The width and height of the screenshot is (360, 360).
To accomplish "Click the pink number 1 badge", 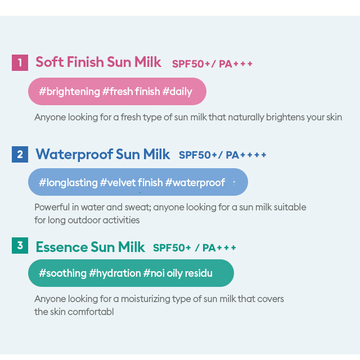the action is tap(20, 62).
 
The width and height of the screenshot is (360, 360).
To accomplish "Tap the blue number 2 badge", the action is tap(20, 154).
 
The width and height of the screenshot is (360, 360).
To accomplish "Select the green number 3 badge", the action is tap(20, 245).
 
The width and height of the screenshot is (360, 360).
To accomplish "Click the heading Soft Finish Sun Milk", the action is tap(98, 62).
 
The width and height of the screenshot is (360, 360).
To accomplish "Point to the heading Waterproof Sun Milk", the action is tap(102, 154).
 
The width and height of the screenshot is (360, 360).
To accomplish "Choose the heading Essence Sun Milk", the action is tap(90, 247).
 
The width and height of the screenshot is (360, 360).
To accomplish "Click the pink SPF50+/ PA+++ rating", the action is tap(212, 64).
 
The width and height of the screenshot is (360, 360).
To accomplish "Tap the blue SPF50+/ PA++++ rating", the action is tap(222, 155).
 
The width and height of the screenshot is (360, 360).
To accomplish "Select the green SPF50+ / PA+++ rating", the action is tap(194, 247).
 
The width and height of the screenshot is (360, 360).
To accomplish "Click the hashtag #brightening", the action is tap(69, 92).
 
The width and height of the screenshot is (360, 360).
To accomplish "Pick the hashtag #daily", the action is tap(177, 92).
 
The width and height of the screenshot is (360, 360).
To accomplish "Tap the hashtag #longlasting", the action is tap(68, 183).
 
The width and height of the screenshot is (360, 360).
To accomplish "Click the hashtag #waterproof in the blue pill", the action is tap(195, 183).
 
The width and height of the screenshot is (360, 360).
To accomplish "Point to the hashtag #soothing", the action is tap(62, 273).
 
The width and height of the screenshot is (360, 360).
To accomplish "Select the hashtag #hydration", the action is tap(115, 273).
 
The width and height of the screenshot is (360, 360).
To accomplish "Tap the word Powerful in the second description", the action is tap(52, 207).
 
